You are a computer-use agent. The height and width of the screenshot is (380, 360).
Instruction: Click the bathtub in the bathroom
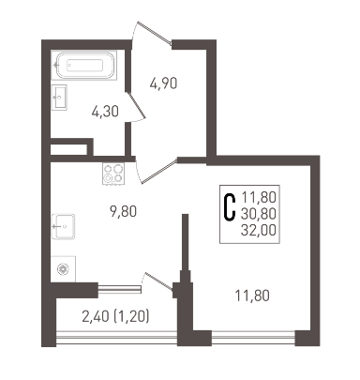pyautogui.click(x=84, y=66)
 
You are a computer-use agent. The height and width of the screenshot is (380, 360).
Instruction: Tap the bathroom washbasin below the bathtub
pyautogui.click(x=59, y=97)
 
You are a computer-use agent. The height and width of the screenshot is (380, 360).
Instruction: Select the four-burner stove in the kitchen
pyautogui.click(x=113, y=174)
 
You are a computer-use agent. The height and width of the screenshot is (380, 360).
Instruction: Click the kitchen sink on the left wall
pyautogui.click(x=63, y=226)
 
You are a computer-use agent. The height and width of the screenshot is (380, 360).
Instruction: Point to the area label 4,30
pyautogui.click(x=105, y=112)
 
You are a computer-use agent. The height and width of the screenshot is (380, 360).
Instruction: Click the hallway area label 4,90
pyautogui.click(x=163, y=84)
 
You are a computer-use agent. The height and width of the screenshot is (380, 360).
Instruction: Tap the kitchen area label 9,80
pyautogui.click(x=123, y=212)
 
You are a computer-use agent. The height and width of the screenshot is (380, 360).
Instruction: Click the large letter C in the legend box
pyautogui.click(x=230, y=207)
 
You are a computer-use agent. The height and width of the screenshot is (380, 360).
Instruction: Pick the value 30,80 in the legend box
pyautogui.click(x=259, y=214)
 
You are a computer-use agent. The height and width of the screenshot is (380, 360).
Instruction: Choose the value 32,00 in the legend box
pyautogui.click(x=259, y=231)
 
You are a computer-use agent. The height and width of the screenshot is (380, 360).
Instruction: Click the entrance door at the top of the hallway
pyautogui.click(x=152, y=33)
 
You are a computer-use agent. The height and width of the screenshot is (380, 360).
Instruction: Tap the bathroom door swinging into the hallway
pyautogui.click(x=137, y=107)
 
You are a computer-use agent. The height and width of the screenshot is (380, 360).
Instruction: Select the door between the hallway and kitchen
pyautogui.click(x=157, y=171)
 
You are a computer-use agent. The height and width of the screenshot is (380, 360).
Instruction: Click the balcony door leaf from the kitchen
pyautogui.click(x=157, y=281)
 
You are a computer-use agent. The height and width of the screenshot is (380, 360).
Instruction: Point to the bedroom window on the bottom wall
pyautogui.click(x=253, y=338)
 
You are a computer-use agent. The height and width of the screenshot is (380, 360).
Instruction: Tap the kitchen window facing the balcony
pyautogui.click(x=120, y=288)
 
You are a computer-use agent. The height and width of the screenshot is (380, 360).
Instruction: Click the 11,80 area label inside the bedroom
pyautogui.click(x=252, y=296)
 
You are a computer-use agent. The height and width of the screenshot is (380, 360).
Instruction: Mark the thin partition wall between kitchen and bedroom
pyautogui.click(x=186, y=242)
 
